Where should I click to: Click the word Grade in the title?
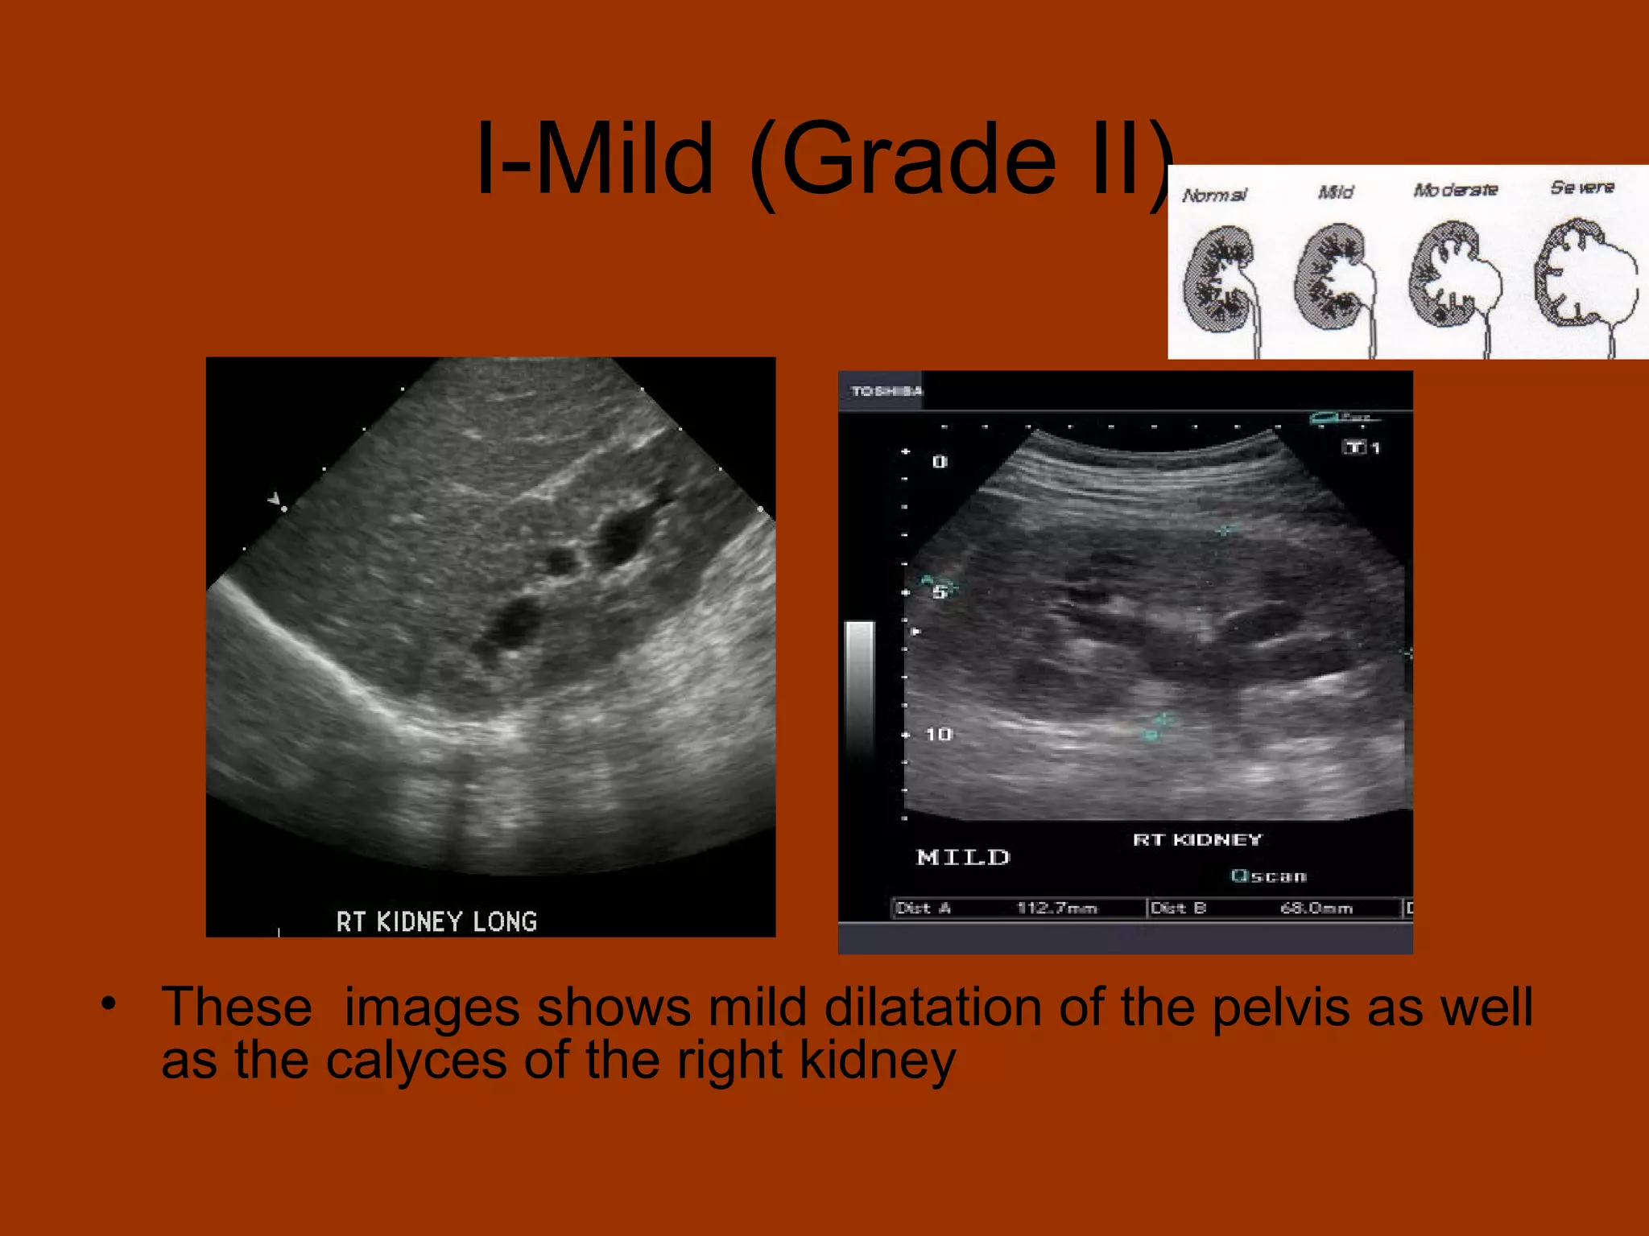918,159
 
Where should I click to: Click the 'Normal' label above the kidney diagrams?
1214,195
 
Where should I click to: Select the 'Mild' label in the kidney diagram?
1336,192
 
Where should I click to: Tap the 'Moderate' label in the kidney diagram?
1456,190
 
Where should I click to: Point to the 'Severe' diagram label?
1582,187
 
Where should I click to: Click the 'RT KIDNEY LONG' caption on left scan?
436,921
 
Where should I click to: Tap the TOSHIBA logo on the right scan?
886,391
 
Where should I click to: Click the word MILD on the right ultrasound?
963,857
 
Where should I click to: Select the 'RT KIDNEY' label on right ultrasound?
1197,840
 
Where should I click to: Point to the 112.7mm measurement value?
1056,908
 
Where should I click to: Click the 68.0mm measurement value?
1316,908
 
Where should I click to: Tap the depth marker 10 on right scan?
939,734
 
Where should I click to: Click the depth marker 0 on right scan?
940,462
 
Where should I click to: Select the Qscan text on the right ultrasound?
1269,876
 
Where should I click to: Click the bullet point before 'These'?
109,1004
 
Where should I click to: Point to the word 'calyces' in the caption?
416,1061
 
